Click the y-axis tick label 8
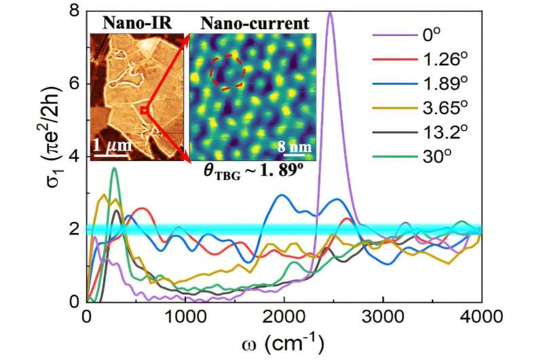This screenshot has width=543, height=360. pos(74,10)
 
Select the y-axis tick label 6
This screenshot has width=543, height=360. pos(74,84)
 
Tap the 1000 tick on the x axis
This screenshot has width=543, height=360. pos(185,317)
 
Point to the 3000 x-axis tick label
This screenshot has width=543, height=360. pos(383,317)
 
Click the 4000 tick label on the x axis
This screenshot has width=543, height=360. pos(482,317)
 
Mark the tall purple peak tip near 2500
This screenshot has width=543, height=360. pos(330,12)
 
